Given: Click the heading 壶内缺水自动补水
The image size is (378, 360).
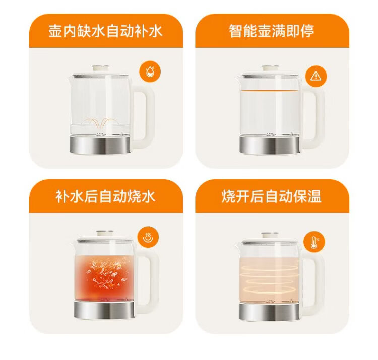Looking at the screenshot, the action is pyautogui.click(x=106, y=31).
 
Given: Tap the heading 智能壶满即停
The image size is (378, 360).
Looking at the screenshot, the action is pyautogui.click(x=272, y=31).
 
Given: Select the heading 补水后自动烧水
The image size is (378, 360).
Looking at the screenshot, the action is pyautogui.click(x=106, y=197).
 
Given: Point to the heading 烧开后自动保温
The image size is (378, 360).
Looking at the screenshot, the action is pyautogui.click(x=272, y=197).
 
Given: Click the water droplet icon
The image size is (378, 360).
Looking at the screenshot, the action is pyautogui.click(x=150, y=71).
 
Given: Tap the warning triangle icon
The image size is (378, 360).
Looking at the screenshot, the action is pyautogui.click(x=316, y=76).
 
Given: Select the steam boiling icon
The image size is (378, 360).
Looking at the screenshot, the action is pyautogui.click(x=148, y=237).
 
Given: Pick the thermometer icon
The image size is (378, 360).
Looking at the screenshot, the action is pyautogui.click(x=314, y=242).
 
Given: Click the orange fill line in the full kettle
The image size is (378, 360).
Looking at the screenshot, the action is pyautogui.click(x=270, y=91).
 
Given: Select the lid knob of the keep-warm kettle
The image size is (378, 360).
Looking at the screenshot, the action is pyautogui.click(x=270, y=235).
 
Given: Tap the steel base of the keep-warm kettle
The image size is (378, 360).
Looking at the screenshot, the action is pyautogui.click(x=270, y=312).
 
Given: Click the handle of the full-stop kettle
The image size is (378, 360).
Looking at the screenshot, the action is pyautogui.click(x=313, y=116).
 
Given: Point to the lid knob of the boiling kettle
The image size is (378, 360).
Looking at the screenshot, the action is pyautogui.click(x=105, y=233).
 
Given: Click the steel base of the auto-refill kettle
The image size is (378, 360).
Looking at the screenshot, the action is pyautogui.click(x=100, y=145).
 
